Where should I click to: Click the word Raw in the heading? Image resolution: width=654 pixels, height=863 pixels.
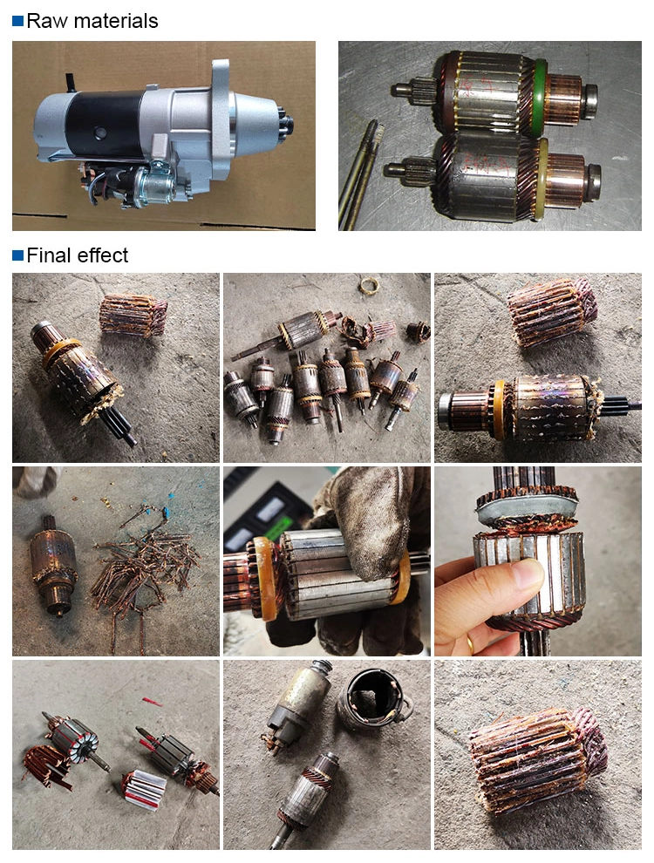click(47, 21)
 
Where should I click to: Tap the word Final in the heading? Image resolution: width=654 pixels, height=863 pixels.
click(49, 255)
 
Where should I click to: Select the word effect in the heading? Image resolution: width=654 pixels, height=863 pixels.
click(102, 255)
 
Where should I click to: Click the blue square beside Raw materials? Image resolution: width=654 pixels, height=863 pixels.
click(17, 21)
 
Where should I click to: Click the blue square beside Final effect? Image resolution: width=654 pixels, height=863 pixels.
click(17, 255)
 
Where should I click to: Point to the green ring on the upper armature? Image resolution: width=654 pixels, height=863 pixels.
click(540, 96)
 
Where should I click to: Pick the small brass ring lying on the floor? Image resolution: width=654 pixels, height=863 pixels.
click(370, 286)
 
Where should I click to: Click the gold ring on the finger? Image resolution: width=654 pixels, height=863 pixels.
click(470, 642)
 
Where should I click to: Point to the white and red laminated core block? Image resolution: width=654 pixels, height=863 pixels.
click(144, 789)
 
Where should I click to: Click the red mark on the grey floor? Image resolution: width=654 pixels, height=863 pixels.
click(153, 702)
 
